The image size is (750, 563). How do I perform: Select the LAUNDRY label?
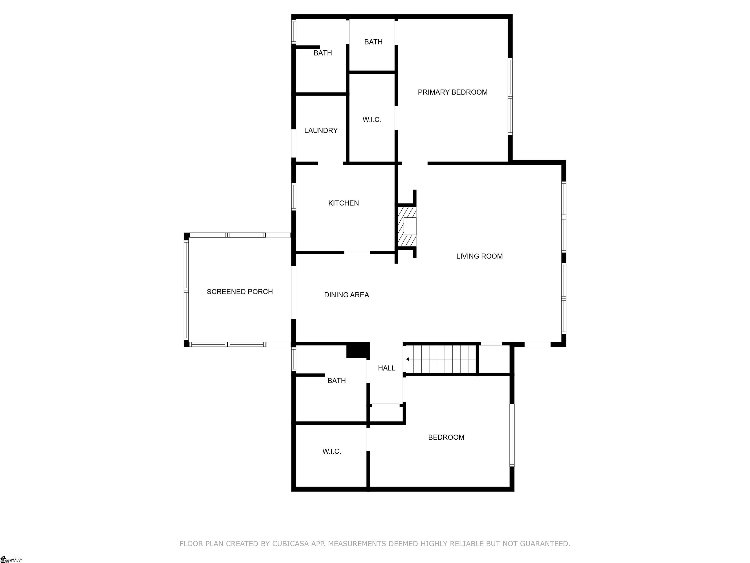point(321,130)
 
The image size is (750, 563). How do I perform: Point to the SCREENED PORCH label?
point(240,292)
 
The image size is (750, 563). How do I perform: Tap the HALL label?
point(386,368)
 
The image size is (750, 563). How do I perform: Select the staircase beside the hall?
point(441,359)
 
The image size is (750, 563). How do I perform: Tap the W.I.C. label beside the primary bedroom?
point(372,119)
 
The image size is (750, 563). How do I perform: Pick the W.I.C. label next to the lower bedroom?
point(332,451)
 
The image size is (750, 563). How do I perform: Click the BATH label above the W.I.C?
point(373,42)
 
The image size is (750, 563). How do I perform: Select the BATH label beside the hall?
point(336,381)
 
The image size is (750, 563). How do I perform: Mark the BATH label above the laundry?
point(323,53)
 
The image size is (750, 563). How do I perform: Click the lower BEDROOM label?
point(446,437)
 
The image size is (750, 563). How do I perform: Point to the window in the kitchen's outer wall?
point(294,196)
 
